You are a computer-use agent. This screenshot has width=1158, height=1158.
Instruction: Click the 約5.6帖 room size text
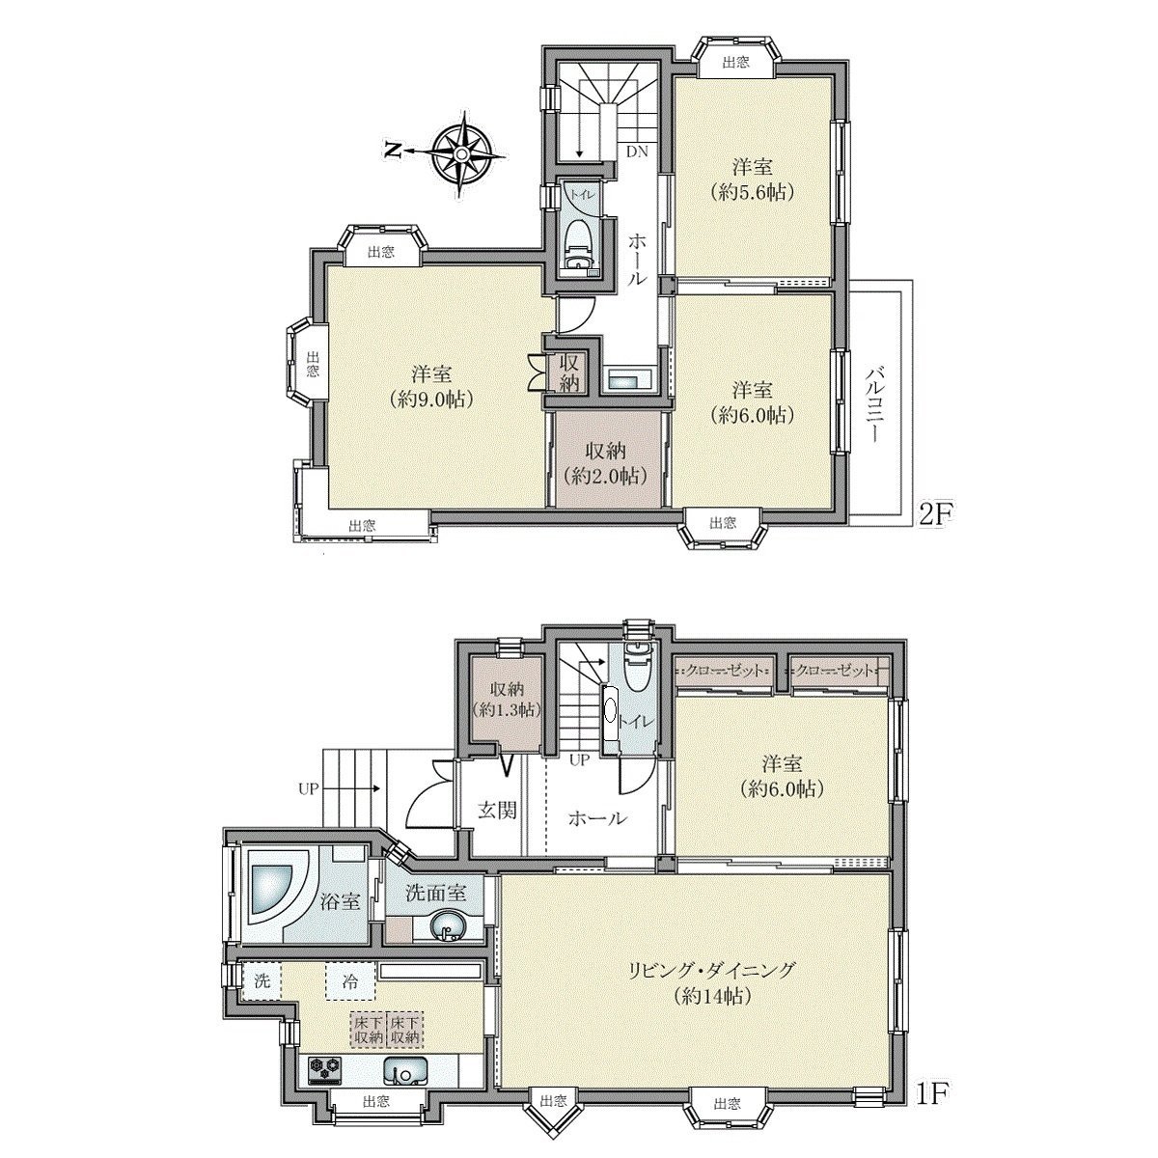[751, 191]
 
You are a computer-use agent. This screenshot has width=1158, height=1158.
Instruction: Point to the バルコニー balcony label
[876, 403]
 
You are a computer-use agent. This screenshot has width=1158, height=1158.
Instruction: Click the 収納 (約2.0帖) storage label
[605, 463]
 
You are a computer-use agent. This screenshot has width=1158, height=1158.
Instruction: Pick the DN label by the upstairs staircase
[637, 152]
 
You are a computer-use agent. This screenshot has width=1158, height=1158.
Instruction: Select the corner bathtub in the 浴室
[276, 888]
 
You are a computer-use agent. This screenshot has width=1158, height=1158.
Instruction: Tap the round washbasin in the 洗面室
[446, 930]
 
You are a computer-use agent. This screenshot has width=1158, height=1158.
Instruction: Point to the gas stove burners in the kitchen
[325, 1068]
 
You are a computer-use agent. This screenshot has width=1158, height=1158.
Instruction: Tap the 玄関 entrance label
[497, 809]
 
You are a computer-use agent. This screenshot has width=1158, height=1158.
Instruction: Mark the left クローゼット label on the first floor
[724, 670]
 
